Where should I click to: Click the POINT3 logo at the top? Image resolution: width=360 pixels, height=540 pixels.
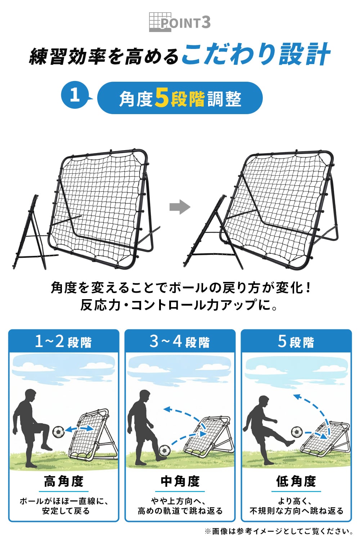pyautogui.click(x=180, y=22)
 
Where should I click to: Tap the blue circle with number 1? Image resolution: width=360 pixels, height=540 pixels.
pyautogui.click(x=75, y=95)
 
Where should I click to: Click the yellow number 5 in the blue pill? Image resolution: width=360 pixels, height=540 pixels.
pyautogui.click(x=162, y=98)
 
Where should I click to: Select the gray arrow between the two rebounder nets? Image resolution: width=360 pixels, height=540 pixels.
pyautogui.click(x=180, y=207)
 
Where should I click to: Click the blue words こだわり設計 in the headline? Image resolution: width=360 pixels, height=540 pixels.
pyautogui.click(x=256, y=55)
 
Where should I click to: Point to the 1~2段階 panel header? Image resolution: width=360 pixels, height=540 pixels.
pyautogui.click(x=64, y=341)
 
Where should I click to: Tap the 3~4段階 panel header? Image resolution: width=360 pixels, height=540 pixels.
pyautogui.click(x=180, y=341)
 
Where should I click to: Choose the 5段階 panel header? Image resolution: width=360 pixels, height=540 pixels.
pyautogui.click(x=296, y=341)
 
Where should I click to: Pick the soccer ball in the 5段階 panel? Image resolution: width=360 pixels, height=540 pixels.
pyautogui.click(x=297, y=432)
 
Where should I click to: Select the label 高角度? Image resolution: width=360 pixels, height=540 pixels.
pyautogui.click(x=64, y=481)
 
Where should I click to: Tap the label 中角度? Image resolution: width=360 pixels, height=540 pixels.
pyautogui.click(x=180, y=481)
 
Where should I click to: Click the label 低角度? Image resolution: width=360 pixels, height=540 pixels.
pyautogui.click(x=296, y=481)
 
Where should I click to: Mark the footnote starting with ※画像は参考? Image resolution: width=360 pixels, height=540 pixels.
pyautogui.click(x=279, y=531)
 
